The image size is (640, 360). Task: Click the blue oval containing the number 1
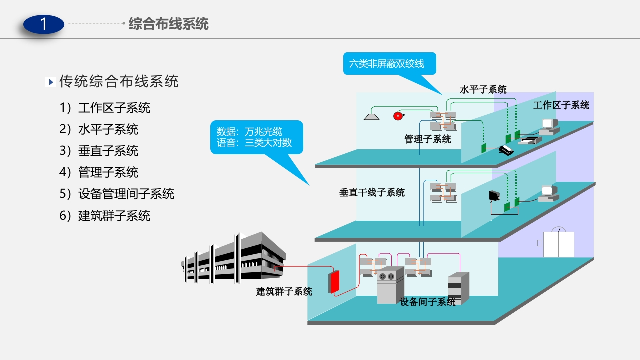click(x=43, y=24)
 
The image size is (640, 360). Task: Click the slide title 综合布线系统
click(x=169, y=24)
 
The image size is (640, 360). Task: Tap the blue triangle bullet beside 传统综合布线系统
click(x=51, y=82)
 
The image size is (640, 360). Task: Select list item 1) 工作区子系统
click(x=105, y=108)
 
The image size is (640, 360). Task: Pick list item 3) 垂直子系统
click(x=99, y=151)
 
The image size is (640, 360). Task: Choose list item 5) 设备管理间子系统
click(x=117, y=194)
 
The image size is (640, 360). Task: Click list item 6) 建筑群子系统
click(x=105, y=215)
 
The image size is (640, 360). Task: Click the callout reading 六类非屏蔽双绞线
click(x=389, y=63)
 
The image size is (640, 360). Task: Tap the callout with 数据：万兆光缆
click(x=257, y=137)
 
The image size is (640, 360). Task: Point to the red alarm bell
click(x=398, y=116)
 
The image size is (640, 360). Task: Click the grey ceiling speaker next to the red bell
click(x=371, y=117)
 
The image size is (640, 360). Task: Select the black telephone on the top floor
click(x=506, y=150)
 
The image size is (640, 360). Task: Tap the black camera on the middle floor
click(x=494, y=196)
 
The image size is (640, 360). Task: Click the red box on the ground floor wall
click(x=334, y=282)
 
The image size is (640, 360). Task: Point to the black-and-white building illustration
click(x=233, y=258)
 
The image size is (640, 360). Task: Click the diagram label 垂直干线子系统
click(x=372, y=192)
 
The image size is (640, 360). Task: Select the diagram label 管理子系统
click(x=427, y=139)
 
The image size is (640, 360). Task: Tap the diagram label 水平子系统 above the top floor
click(x=483, y=89)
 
